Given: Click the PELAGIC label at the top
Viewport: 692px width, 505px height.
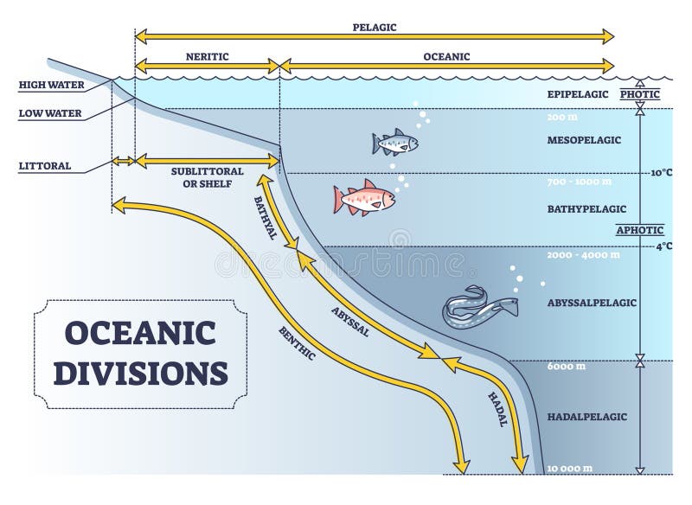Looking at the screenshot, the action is coord(375,28).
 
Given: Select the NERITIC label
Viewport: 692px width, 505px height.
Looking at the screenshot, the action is coord(207,57).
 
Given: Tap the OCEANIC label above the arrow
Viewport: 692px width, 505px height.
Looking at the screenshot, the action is coord(446,57).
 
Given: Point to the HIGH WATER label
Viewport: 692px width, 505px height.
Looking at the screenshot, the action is coord(51,85).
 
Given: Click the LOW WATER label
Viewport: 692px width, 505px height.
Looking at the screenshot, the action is coord(50,113).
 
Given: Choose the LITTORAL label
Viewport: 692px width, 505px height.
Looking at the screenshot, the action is coord(45,166).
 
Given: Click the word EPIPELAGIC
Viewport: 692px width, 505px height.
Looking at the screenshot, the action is coord(578,94).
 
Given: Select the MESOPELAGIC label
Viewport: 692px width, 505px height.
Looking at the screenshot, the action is coord(584,140).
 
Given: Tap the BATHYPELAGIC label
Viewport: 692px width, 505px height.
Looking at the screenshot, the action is coord(586,209).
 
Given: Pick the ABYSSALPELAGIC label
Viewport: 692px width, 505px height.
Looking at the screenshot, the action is coord(592,303).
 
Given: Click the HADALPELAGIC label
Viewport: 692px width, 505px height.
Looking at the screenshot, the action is coord(587,417).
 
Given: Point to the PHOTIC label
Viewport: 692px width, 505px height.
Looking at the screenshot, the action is coord(640,94).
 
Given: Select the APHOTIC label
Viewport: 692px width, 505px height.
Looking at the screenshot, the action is coord(640,230).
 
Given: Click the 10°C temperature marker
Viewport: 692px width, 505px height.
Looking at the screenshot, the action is coord(662,172).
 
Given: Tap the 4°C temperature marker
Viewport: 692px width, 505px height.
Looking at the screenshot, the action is coord(663,246).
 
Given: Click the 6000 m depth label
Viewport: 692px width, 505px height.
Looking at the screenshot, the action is coord(567,367).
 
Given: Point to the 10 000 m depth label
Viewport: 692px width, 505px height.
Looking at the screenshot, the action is coord(569,469).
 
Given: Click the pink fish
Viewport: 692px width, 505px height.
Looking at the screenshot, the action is coord(364,197).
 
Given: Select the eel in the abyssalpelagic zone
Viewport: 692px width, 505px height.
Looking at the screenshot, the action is coord(480,307).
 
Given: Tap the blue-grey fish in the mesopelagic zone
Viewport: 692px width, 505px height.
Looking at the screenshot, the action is coord(395,143).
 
